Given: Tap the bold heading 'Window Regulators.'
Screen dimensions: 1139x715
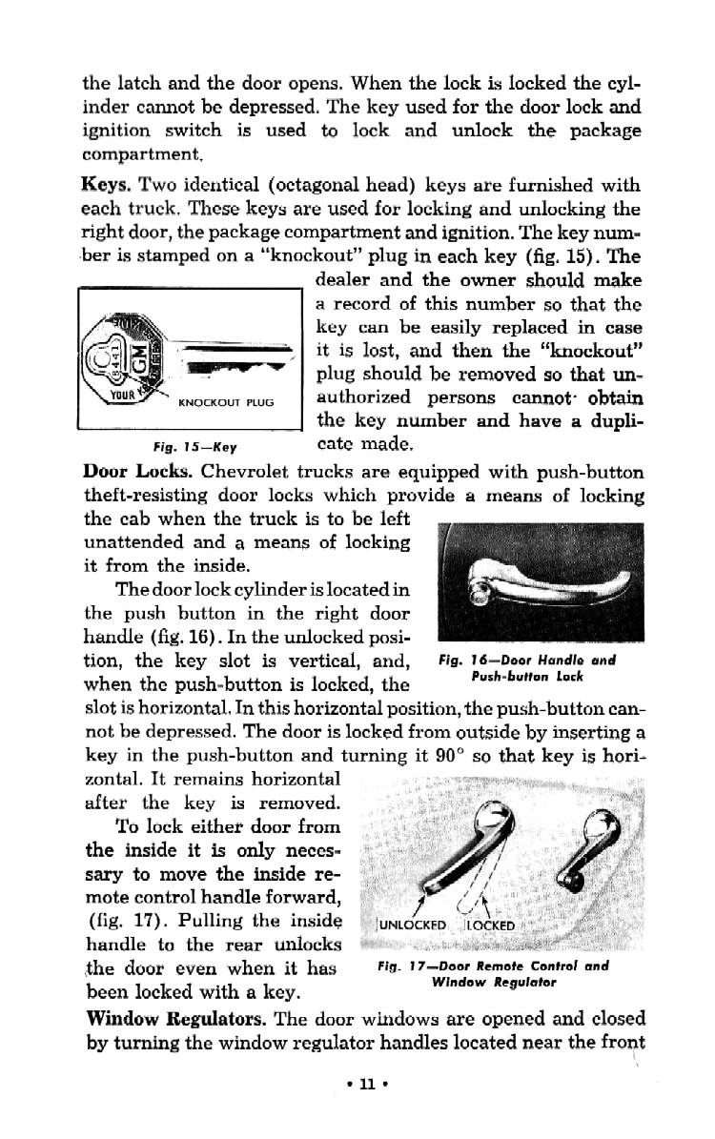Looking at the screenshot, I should (178, 1017).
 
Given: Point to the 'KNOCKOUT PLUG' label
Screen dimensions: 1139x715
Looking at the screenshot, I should (226, 402).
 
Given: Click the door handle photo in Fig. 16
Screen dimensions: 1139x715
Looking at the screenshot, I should (537, 582).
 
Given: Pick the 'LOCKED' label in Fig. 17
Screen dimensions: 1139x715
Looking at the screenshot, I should (489, 925).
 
